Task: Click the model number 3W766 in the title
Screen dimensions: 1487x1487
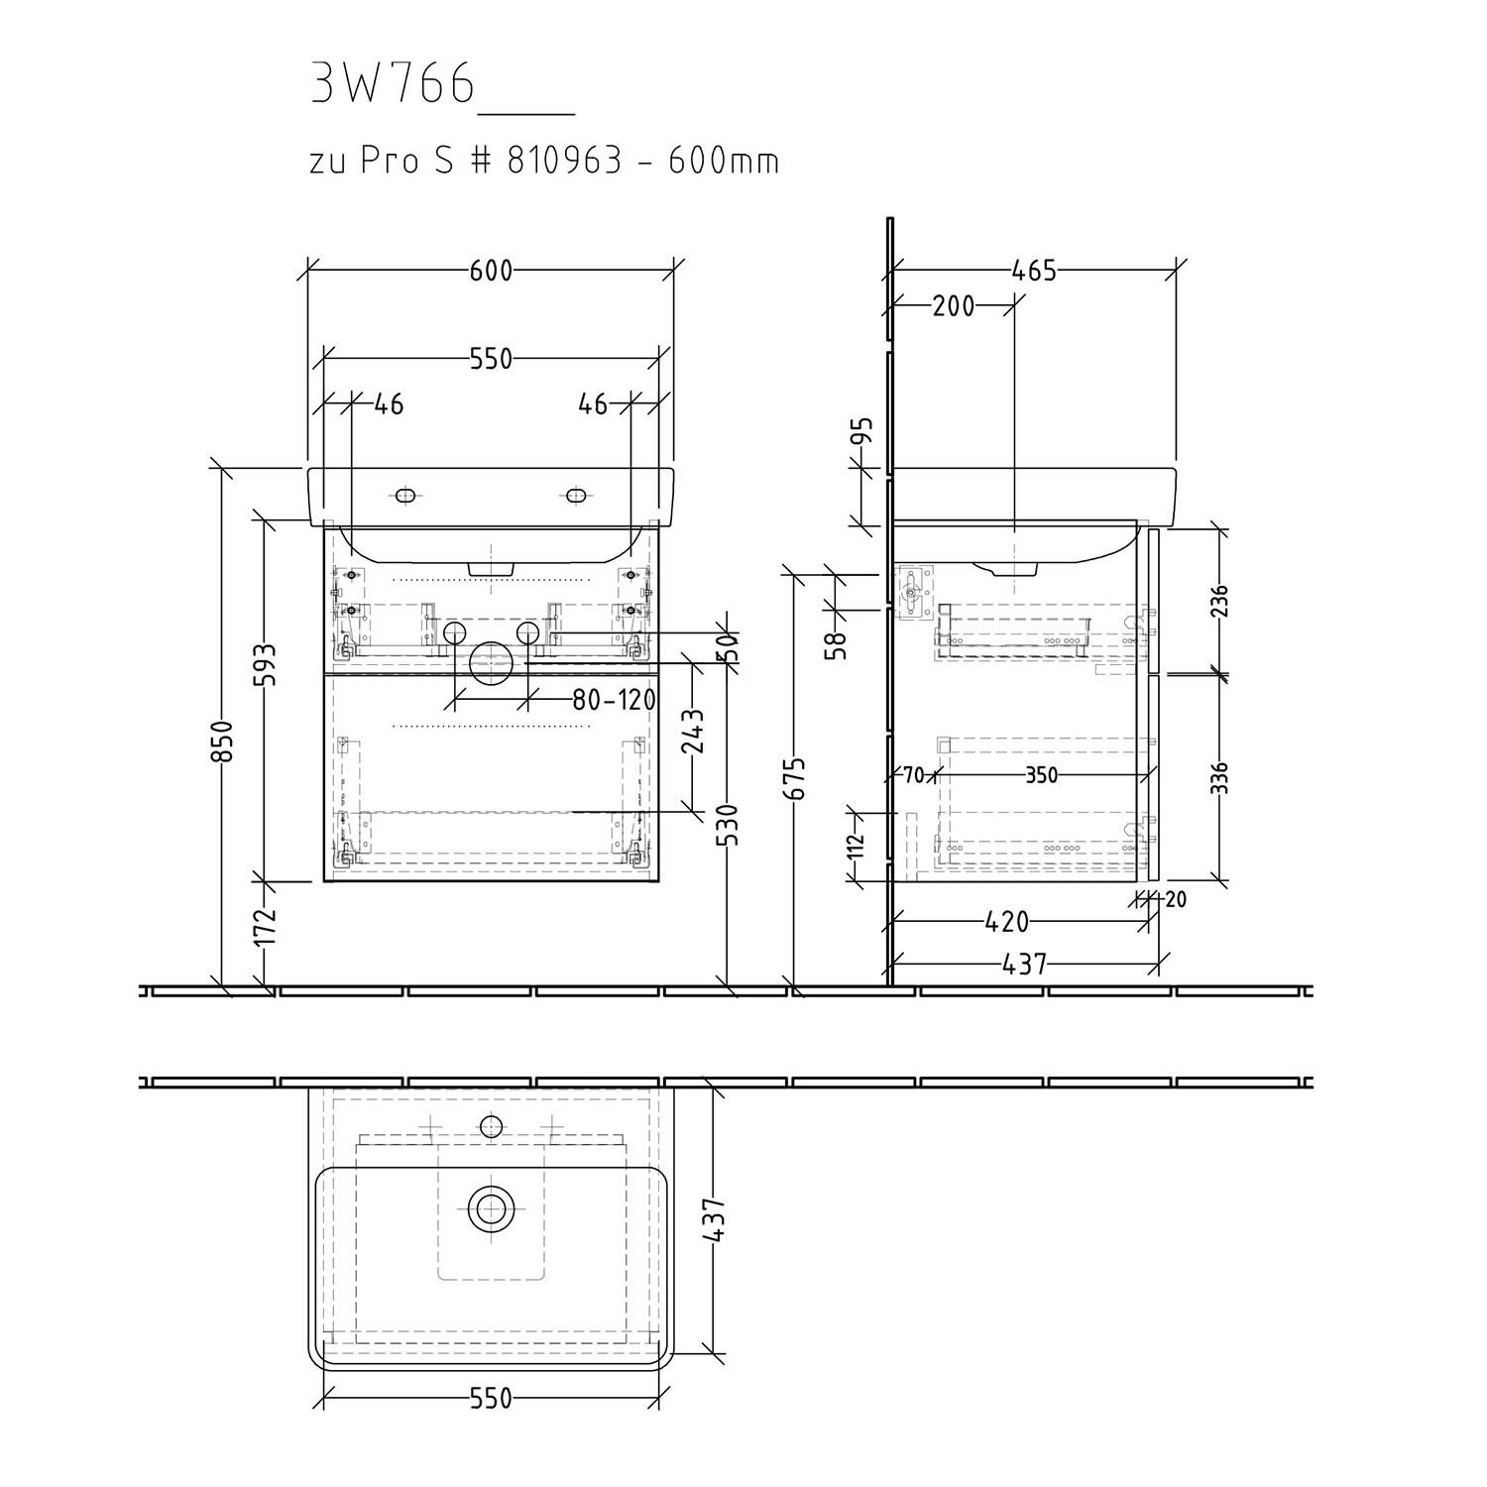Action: (x=393, y=84)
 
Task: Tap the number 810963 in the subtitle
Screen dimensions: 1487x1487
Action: (x=564, y=161)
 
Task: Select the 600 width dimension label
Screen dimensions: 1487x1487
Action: (x=491, y=270)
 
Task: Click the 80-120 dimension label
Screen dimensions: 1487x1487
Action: (x=615, y=700)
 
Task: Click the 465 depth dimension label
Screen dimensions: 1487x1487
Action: (x=1035, y=270)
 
